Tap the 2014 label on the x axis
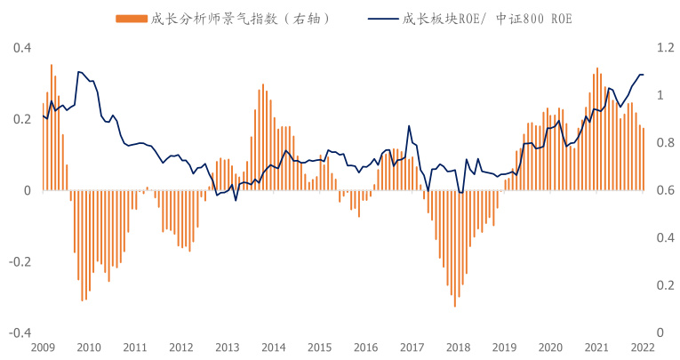click(273, 347)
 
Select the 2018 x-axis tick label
click(458, 347)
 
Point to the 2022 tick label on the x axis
click(644, 347)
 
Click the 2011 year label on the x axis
click(134, 347)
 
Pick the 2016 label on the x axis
click(365, 347)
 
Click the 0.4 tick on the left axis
click(19, 47)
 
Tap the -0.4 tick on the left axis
click(17, 333)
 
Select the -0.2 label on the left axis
click(17, 261)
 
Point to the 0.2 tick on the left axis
click(19, 118)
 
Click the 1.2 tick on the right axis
click(663, 47)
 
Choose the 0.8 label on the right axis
click(663, 142)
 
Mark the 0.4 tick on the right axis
click(663, 237)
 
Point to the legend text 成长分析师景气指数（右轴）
click(240, 18)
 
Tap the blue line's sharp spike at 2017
click(409, 126)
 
